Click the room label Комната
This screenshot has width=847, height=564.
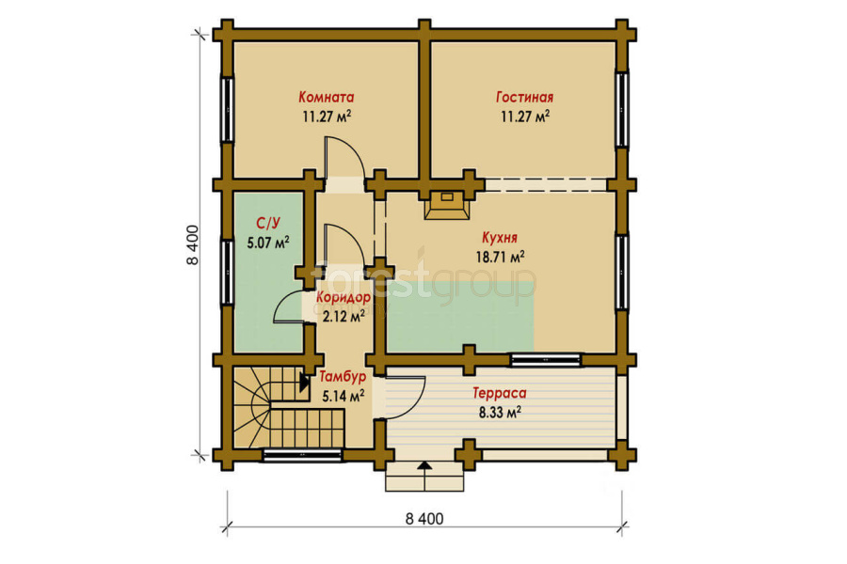pos(327,97)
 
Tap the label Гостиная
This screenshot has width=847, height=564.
pos(524,97)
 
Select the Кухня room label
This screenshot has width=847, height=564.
pos(500,238)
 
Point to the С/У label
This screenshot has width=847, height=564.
pos(268,223)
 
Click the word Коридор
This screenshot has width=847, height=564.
pos(344,297)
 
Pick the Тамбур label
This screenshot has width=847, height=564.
pos(343,376)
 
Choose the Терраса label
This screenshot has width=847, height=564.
pos(500,394)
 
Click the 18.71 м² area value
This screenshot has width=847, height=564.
pos(500,257)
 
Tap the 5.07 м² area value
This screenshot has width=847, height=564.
pos(268,243)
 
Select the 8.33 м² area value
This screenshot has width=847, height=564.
pos(500,413)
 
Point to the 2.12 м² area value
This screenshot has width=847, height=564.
pos(344,316)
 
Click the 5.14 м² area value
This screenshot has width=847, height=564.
pos(343,397)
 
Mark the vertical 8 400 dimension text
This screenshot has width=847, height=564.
pos(193,245)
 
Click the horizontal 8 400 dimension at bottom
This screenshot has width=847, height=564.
pos(424,519)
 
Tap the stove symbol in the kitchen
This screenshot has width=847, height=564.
pos(447,205)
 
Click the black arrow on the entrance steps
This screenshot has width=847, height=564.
pos(425,465)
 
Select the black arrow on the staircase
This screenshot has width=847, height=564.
pos(304,383)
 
